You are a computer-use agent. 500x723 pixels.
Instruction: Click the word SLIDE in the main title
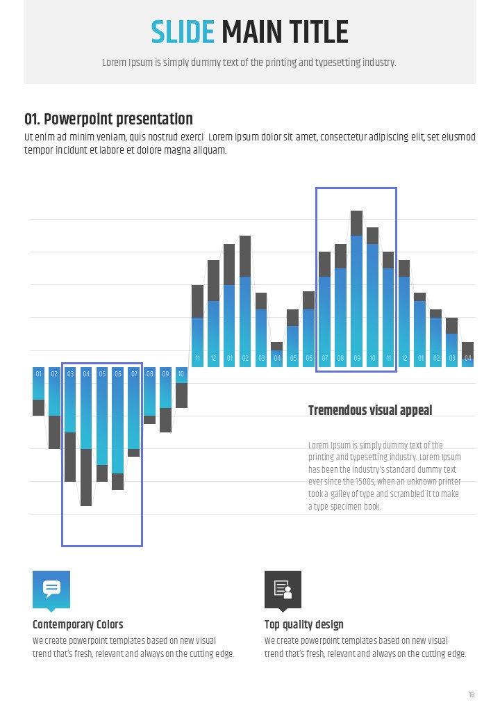(x=183, y=33)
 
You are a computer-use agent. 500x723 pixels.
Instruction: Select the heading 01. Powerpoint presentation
(x=108, y=119)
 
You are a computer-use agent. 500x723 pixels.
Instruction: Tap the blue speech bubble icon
(x=51, y=589)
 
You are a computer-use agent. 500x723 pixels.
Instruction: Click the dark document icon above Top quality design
(x=283, y=589)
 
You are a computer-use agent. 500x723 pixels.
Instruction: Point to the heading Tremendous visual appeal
(x=370, y=410)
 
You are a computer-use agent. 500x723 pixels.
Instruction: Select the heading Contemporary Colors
(x=78, y=624)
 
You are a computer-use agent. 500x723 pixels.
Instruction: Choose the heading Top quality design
(x=304, y=624)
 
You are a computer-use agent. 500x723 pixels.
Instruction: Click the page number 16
(x=472, y=694)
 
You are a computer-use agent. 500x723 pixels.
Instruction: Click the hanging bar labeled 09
(x=165, y=400)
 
